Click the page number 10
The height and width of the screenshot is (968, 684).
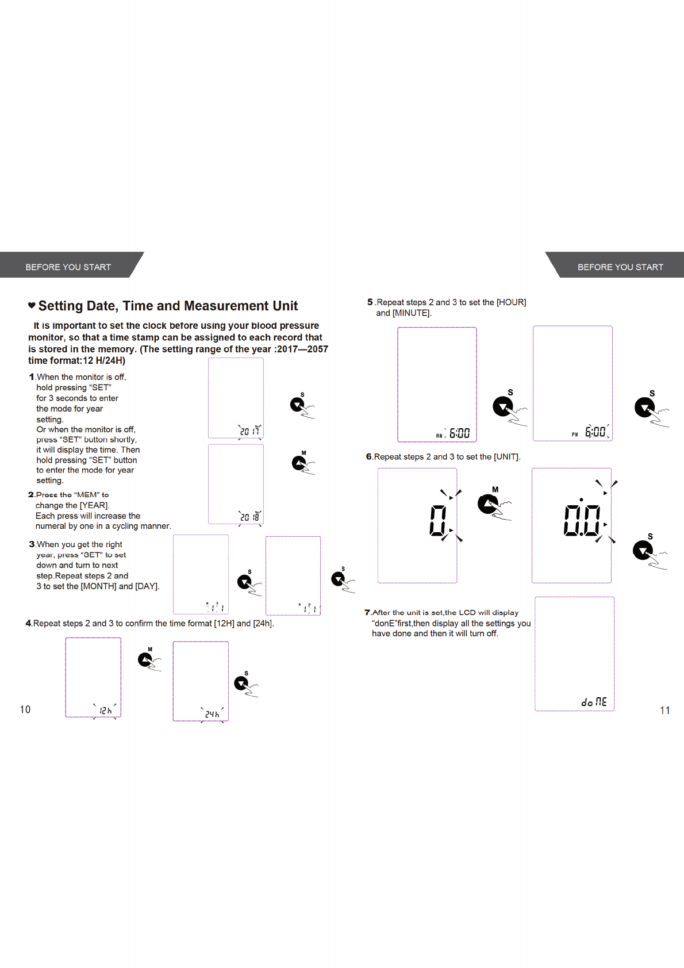click(25, 709)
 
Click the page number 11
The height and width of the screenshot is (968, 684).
click(664, 710)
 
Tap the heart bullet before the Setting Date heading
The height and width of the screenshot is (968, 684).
click(32, 305)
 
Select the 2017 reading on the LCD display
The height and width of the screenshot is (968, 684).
click(249, 431)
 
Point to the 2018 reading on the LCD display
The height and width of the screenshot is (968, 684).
click(249, 517)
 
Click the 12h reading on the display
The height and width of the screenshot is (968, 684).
click(105, 710)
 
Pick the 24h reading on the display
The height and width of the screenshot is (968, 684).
click(212, 714)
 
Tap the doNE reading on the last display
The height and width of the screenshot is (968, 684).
click(594, 702)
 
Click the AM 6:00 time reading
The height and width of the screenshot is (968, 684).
click(454, 433)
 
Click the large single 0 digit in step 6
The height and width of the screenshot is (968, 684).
click(438, 520)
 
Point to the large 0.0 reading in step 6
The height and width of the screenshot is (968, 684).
click(582, 520)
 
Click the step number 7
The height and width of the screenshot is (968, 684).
click(367, 613)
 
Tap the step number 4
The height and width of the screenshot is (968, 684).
click(28, 623)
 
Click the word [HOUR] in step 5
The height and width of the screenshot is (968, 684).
click(511, 302)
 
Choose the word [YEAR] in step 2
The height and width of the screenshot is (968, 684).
click(94, 505)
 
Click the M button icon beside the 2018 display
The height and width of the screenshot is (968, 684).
click(299, 463)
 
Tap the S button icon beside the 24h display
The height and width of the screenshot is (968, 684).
click(242, 683)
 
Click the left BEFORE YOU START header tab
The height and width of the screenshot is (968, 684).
click(68, 267)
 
